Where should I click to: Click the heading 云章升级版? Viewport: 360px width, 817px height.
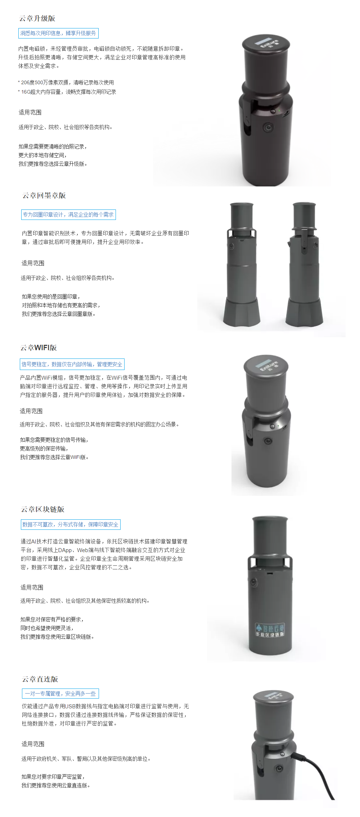pos(37,18)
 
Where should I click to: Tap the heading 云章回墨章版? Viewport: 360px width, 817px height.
pos(44,195)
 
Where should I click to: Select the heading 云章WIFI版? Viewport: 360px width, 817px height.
pos(39,348)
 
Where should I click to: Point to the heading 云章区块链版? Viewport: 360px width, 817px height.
pos(42,509)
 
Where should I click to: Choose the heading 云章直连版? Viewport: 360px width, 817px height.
pos(40,679)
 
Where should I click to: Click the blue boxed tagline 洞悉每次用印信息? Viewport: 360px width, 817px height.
pos(58,33)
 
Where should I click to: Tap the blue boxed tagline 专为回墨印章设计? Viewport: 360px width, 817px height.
pos(68,215)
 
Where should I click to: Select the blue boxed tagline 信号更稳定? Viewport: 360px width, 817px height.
pos(72,364)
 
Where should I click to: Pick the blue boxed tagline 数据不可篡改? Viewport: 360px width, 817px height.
pos(71,524)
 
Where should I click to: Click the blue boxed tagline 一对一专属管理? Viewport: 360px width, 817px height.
pos(60,694)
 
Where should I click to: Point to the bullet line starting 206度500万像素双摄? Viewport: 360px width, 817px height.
pos(66,82)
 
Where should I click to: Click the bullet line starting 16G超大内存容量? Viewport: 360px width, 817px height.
pos(67,92)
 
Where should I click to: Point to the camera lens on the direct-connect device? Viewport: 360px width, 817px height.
pos(279,768)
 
